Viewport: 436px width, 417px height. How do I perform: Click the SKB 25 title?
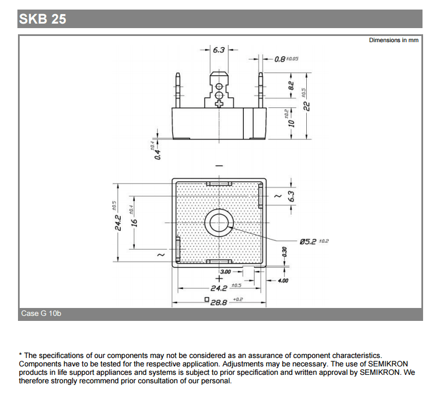point(43,19)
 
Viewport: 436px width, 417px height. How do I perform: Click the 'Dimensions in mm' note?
point(393,40)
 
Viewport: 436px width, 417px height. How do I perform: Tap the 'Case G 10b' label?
point(41,314)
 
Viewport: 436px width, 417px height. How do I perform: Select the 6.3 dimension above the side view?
point(219,50)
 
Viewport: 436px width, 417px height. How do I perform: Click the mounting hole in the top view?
point(219,224)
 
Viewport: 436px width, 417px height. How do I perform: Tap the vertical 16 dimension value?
point(134,223)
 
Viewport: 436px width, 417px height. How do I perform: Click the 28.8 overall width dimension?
point(219,302)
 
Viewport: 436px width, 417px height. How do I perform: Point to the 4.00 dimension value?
point(283,280)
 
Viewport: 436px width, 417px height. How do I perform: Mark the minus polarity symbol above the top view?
point(219,166)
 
